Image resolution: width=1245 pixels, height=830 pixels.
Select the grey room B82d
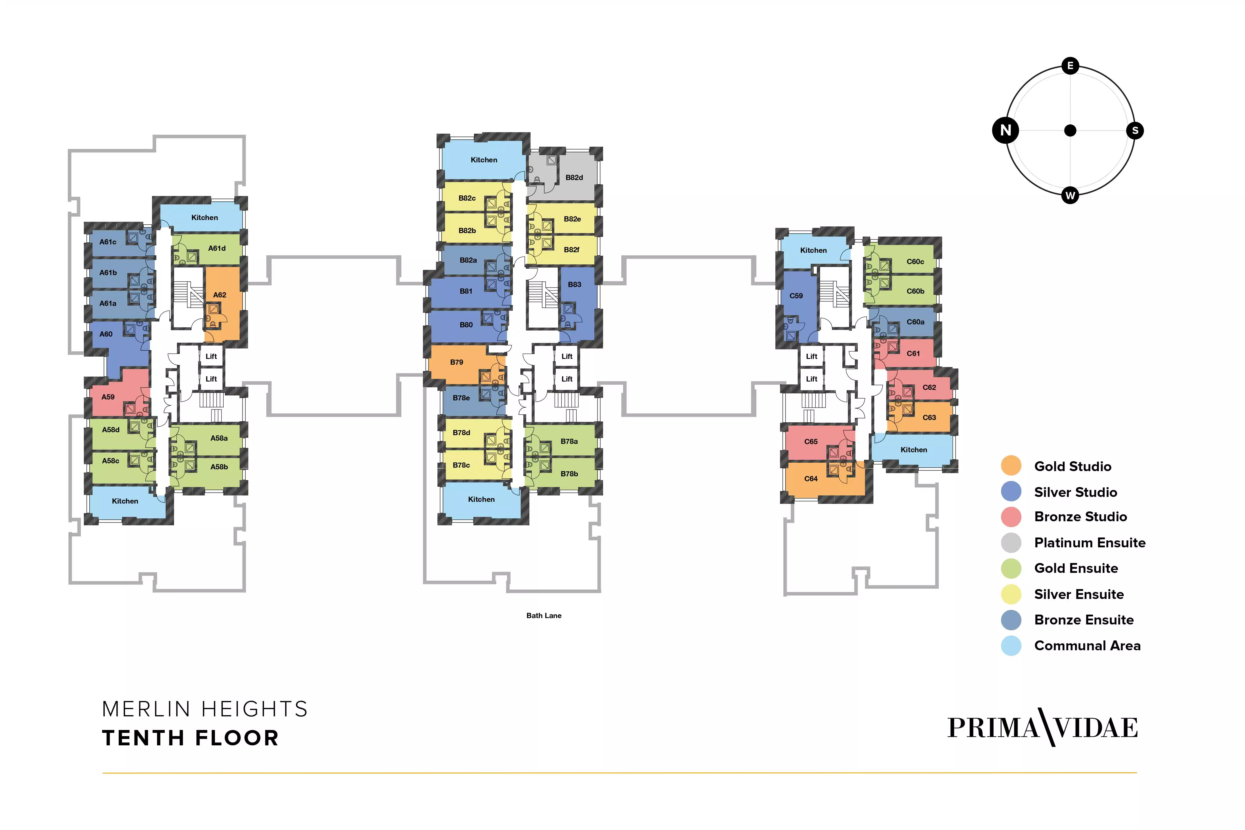pos(574,177)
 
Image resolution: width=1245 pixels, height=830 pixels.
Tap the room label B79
pos(457,362)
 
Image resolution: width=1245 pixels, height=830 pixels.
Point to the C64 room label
pos(811,479)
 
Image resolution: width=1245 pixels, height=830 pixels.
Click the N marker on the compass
pos(1006,130)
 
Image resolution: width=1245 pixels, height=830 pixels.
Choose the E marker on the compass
pos(1070,66)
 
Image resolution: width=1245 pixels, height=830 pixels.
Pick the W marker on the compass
pos(1070,195)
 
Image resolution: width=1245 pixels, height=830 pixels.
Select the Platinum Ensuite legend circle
pos(1011,543)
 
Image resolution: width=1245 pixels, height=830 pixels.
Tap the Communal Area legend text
pos(1087,646)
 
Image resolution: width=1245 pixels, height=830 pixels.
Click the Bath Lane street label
pos(544,616)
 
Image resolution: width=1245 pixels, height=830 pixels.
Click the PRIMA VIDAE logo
pos(1042,728)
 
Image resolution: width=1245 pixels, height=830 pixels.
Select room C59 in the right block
pos(796,296)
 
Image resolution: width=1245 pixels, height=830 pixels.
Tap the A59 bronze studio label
pos(108,397)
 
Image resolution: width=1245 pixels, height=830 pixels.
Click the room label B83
pos(575,284)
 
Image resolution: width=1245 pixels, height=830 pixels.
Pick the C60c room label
pos(915,261)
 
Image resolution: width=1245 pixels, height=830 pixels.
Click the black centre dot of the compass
pos(1070,130)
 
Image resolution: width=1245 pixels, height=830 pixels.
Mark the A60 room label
pos(106,334)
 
